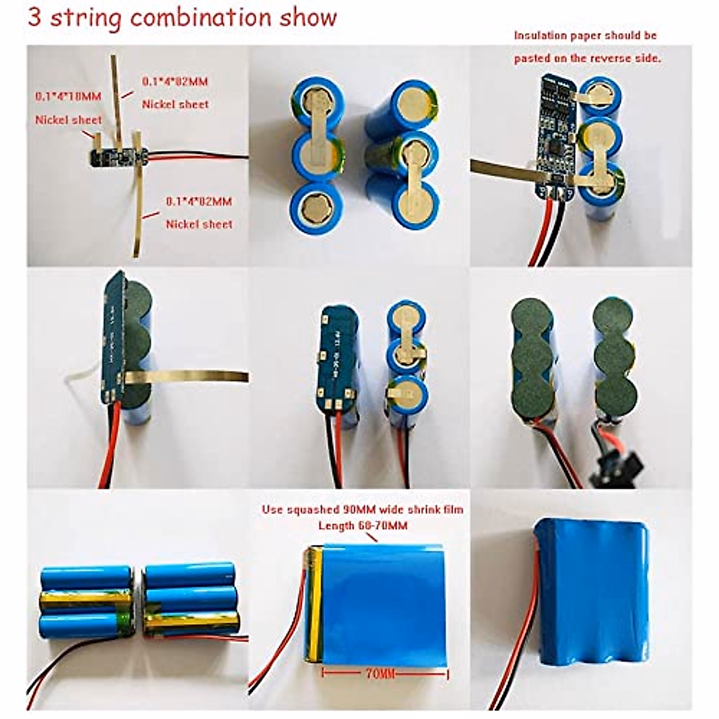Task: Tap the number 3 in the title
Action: [35, 17]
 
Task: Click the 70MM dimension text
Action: [380, 674]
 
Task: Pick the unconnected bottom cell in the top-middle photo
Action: [317, 207]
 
